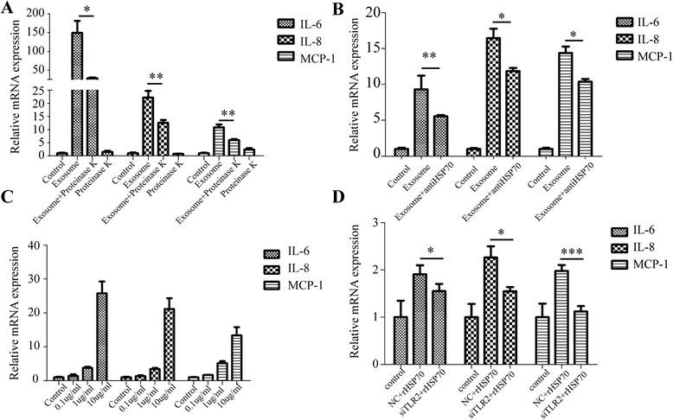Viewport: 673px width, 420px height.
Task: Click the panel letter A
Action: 9,10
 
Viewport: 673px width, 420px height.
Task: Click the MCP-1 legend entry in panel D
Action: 629,264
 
